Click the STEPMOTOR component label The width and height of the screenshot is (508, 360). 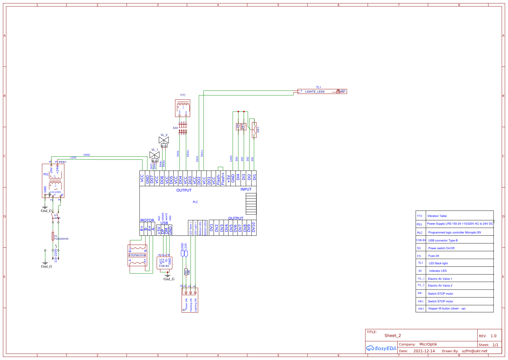137,255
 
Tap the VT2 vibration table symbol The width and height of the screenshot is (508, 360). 183,108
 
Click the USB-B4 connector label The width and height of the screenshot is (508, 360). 164,266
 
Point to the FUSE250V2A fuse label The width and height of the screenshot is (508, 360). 62,239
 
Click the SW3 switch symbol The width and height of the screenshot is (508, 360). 254,130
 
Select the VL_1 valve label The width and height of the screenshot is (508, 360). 155,150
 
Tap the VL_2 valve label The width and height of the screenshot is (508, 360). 164,135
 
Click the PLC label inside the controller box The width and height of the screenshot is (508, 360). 196,202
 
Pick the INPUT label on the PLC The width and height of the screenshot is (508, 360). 246,190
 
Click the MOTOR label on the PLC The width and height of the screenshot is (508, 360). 147,220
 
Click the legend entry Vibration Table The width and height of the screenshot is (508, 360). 437,216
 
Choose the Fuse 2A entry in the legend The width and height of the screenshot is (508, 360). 434,256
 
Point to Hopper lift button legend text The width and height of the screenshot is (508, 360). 447,309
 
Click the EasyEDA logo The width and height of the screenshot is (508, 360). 381,348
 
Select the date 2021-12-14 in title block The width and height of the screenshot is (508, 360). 424,351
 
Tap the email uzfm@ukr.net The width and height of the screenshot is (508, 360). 474,351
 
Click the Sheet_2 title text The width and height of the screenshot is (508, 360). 393,336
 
